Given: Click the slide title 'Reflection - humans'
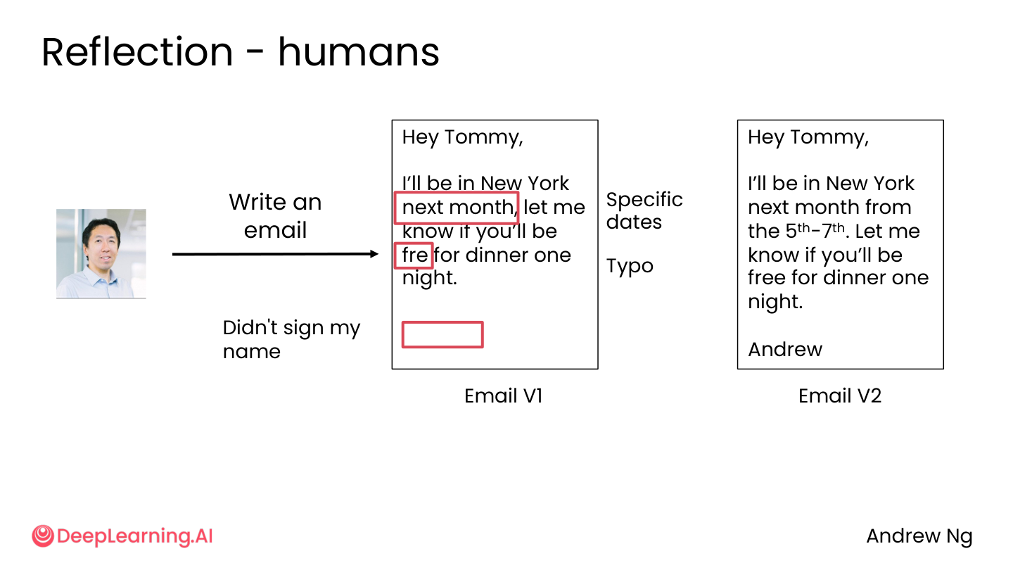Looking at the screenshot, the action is coord(240,53).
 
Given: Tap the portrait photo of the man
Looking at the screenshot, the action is coord(101,254).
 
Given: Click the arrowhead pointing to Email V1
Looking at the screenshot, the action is coord(374,254).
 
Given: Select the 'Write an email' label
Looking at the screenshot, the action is coord(276,216).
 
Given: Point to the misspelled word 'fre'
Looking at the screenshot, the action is coord(415,255).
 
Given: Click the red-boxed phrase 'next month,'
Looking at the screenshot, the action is coord(459,208).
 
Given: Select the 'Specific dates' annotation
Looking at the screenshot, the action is coord(644,211).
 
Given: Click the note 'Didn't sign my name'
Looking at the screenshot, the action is coord(292,339).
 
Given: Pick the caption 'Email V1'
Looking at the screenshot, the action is coord(504,395).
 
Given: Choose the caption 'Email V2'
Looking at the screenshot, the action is coord(840,395).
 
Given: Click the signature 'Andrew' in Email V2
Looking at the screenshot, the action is coord(785,350).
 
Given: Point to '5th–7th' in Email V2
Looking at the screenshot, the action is coord(815,231).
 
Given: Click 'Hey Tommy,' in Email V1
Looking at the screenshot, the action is coord(463,137).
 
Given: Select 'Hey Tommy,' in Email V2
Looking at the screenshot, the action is coord(808,137).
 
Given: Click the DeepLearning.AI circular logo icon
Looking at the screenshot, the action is coord(43,536).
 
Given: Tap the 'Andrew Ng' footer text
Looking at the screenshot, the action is coord(919,537).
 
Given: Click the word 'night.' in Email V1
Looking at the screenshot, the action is coord(430,278).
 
